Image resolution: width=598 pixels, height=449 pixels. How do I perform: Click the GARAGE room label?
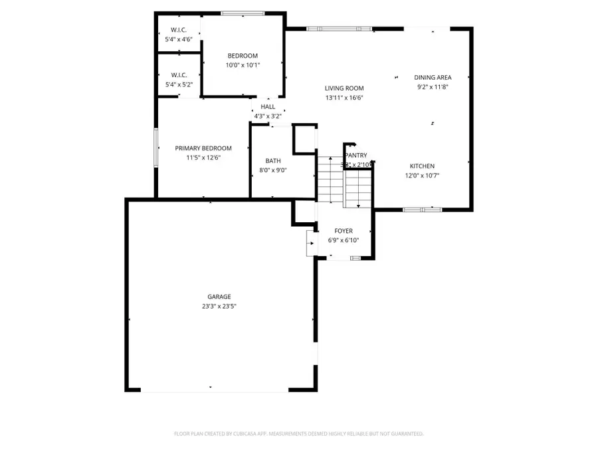click(219, 297)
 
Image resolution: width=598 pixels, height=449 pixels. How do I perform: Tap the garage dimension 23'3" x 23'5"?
click(219, 307)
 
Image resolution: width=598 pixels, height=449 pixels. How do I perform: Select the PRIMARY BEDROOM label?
click(203, 148)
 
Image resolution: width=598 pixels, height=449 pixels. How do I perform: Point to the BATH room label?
click(273, 160)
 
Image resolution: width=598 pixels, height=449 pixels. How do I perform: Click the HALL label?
click(268, 106)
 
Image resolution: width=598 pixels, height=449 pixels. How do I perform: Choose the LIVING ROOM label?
click(344, 88)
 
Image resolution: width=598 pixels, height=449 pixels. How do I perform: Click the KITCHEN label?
click(422, 166)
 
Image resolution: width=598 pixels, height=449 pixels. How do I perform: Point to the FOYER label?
click(344, 231)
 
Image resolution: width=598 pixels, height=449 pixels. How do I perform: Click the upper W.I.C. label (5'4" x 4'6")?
click(179, 30)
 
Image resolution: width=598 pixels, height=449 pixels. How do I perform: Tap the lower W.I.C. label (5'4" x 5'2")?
click(179, 75)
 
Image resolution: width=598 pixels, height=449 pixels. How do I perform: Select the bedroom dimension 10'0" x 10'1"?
click(243, 65)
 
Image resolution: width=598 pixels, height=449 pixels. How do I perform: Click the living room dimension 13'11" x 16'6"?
click(344, 98)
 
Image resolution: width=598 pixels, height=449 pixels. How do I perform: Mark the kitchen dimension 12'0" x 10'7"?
click(422, 176)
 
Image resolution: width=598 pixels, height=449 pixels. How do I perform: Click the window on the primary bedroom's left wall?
click(156, 147)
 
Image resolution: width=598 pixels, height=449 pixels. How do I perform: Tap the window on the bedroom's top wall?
click(243, 13)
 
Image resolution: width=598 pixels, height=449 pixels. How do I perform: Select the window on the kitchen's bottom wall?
click(422, 210)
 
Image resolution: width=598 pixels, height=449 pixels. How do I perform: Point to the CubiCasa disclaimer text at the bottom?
click(298, 434)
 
